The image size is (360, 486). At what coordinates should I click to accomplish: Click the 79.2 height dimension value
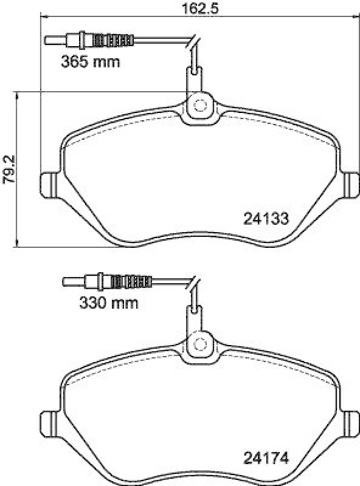(x=8, y=169)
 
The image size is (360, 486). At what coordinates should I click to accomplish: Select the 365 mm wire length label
(x=90, y=61)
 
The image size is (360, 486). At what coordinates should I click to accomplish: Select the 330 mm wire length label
(x=108, y=302)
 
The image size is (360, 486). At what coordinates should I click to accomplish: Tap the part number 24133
(x=265, y=217)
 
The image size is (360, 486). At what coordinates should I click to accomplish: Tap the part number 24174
(x=265, y=457)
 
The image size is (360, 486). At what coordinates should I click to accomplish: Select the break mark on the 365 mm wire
(x=193, y=44)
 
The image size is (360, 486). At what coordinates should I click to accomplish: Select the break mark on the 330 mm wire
(x=193, y=284)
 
